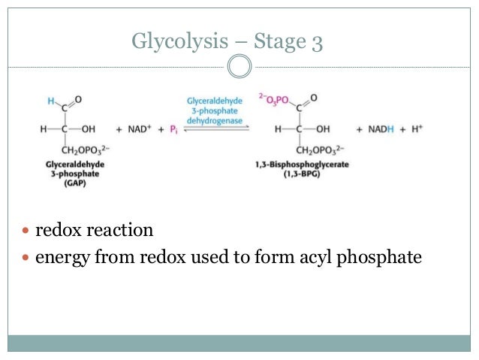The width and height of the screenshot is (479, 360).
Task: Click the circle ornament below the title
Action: pyautogui.click(x=239, y=68)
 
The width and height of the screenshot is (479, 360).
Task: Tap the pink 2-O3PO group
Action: pyautogui.click(x=274, y=98)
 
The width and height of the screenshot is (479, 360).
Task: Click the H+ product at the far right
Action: pyautogui.click(x=417, y=129)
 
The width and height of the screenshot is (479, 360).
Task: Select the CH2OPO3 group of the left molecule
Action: pyautogui.click(x=88, y=148)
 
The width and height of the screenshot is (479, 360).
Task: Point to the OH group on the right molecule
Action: pyautogui.click(x=323, y=129)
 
